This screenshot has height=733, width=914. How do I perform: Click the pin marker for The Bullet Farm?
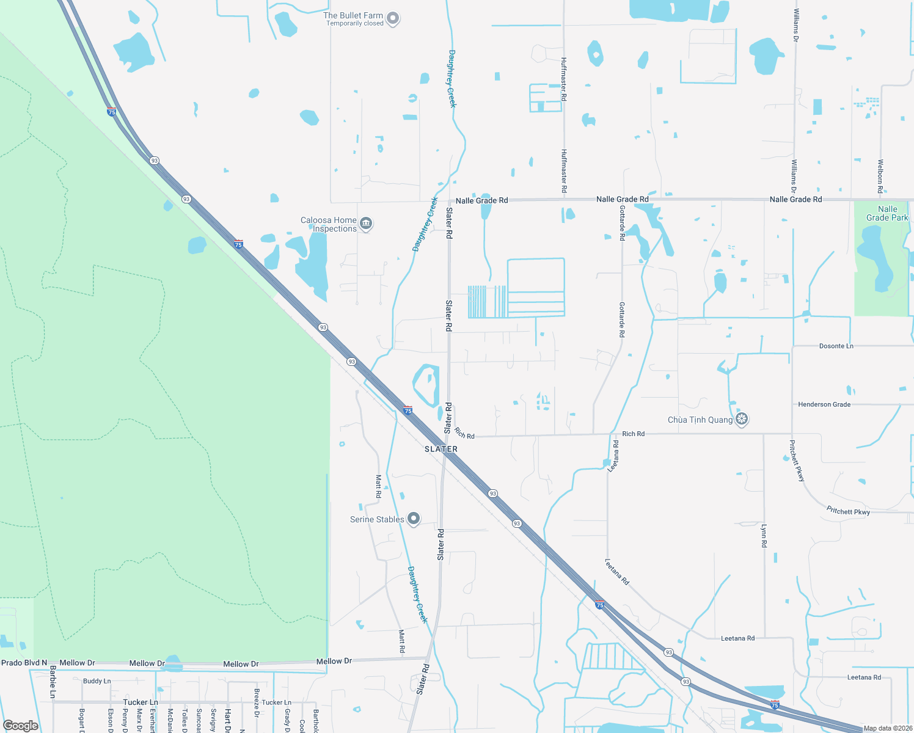(x=393, y=19)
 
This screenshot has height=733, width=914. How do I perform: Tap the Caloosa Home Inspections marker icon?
(x=366, y=224)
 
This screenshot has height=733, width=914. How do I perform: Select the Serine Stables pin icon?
(x=414, y=519)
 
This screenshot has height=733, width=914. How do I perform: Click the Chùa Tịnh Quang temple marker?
(x=742, y=419)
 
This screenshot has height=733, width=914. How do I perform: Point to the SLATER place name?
(x=441, y=449)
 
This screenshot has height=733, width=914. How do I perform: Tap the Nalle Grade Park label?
(x=887, y=213)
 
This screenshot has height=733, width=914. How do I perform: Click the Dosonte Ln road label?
(x=836, y=346)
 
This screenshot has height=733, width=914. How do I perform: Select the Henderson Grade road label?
(x=824, y=404)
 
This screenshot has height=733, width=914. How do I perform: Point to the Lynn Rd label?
(x=764, y=534)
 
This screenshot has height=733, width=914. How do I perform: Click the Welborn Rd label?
(x=880, y=177)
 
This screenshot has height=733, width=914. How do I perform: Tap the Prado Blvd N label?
(x=24, y=663)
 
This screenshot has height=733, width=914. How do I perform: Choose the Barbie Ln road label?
(x=53, y=683)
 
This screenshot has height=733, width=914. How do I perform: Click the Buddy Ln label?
(x=97, y=681)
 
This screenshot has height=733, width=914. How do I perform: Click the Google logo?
(x=21, y=726)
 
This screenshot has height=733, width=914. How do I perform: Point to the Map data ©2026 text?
(x=888, y=728)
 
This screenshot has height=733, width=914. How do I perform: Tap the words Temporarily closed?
(x=354, y=24)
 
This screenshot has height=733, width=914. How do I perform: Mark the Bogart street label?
(x=81, y=720)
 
